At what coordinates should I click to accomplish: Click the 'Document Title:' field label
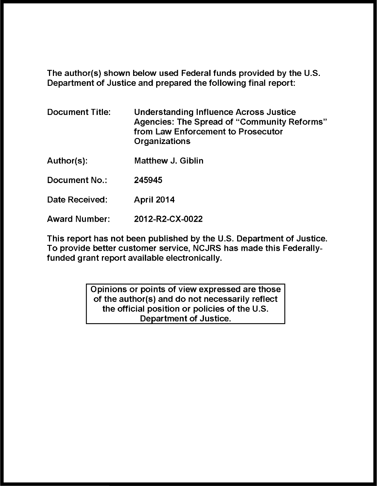79,112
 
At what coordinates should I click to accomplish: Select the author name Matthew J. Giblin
169,161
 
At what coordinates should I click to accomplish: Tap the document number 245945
148,180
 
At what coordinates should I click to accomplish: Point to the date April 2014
154,200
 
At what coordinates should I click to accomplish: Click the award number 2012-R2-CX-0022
168,219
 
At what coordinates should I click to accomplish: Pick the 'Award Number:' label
78,219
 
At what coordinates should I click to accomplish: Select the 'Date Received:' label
77,200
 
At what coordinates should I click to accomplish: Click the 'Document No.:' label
77,180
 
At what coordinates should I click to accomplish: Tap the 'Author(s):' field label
67,161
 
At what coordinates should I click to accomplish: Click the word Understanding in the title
163,112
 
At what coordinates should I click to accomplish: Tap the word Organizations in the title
162,141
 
